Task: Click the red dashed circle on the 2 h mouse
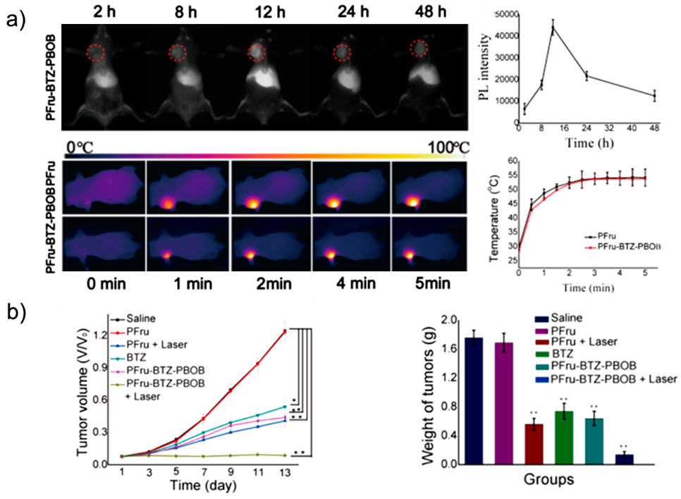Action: (x=97, y=52)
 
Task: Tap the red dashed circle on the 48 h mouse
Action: (x=419, y=49)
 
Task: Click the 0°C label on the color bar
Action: (x=80, y=147)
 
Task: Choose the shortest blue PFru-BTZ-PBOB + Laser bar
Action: (x=623, y=459)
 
